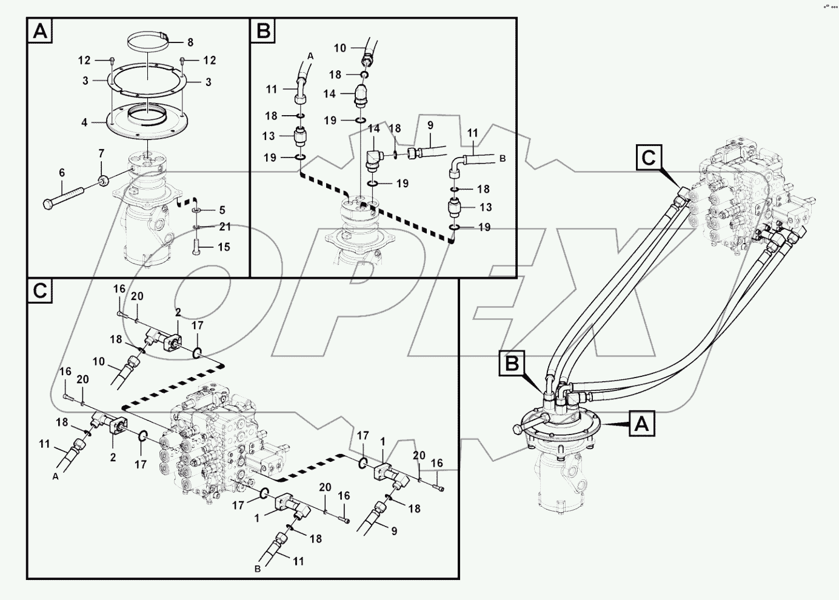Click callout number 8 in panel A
(x=190, y=42)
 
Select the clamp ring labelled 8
(x=149, y=42)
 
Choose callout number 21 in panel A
(x=225, y=227)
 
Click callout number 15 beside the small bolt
(x=224, y=247)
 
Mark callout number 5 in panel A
(x=222, y=210)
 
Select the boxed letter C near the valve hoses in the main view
(x=648, y=158)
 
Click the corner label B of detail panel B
(x=263, y=30)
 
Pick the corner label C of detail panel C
(x=39, y=292)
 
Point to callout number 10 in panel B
(x=340, y=48)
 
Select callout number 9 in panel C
(x=393, y=531)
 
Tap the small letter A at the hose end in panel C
(x=56, y=477)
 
